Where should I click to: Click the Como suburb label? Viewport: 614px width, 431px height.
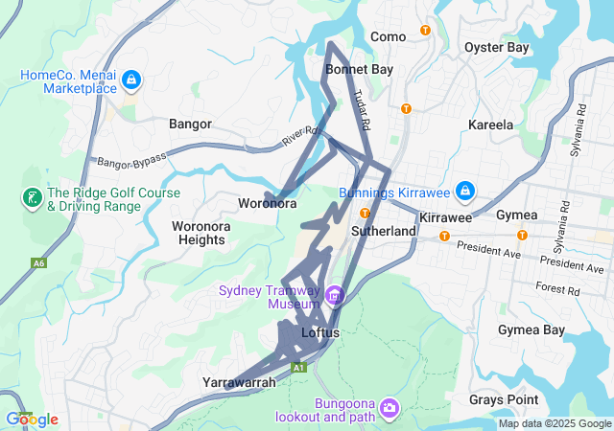click(x=388, y=36)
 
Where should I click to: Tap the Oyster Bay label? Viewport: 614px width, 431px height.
click(x=496, y=47)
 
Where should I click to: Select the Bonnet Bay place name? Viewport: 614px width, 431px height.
click(x=359, y=70)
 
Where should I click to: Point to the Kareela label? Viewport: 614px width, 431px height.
click(x=490, y=125)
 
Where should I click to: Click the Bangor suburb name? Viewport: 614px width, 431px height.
click(x=190, y=124)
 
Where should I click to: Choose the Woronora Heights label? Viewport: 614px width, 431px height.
click(x=199, y=233)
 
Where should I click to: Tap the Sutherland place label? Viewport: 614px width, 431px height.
click(x=384, y=231)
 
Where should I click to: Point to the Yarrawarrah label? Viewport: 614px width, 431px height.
click(x=239, y=382)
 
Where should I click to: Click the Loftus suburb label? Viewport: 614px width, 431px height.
click(x=320, y=332)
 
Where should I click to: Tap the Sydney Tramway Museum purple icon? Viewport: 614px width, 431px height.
click(x=334, y=294)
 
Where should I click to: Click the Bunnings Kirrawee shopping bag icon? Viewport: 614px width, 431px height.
click(x=464, y=192)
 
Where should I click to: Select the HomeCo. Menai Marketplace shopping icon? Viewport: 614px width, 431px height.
click(x=130, y=80)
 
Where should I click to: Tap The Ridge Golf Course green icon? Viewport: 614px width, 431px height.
click(x=31, y=198)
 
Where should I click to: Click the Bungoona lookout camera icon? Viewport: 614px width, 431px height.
click(x=389, y=409)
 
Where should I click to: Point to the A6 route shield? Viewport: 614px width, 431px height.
click(x=38, y=262)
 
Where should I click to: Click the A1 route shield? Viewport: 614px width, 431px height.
click(x=299, y=367)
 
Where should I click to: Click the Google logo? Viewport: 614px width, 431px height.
click(x=32, y=419)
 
